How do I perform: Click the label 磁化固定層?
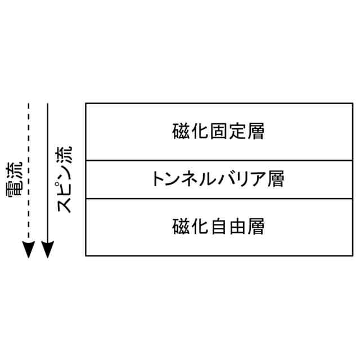pyautogui.click(x=218, y=132)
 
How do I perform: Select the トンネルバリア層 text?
pyautogui.click(x=218, y=179)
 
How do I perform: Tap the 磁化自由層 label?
pyautogui.click(x=218, y=227)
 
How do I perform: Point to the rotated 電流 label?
pyautogui.click(x=15, y=181)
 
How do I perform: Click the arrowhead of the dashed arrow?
pyautogui.click(x=28, y=250)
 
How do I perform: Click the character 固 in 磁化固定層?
pyautogui.click(x=218, y=132)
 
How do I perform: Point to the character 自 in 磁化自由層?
pyautogui.click(x=218, y=227)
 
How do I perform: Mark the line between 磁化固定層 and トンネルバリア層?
pyautogui.click(x=218, y=161)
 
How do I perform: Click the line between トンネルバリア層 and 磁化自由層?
pyautogui.click(x=218, y=199)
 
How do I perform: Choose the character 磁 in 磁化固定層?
pyautogui.click(x=181, y=132)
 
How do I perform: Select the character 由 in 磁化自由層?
pyautogui.click(x=237, y=227)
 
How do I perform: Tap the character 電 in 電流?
pyautogui.click(x=15, y=190)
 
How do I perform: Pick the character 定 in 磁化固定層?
pyautogui.click(x=237, y=132)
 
